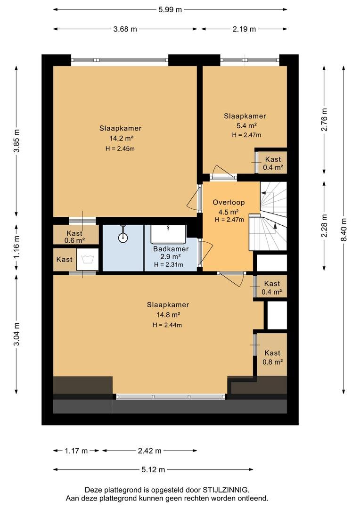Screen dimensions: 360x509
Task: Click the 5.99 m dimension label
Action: pos(170,10)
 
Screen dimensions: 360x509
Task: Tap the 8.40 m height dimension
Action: pos(344,229)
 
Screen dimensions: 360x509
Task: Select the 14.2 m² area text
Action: pos(122,138)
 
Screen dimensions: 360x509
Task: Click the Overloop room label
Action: pos(229,202)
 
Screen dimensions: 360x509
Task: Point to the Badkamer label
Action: pos(171,249)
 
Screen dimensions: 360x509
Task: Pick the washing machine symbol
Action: pos(87,259)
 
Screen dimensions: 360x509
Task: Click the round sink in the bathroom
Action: pos(123,237)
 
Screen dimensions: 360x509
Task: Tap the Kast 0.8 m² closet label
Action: pos(272,357)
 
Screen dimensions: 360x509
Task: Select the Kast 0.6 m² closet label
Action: pos(74,237)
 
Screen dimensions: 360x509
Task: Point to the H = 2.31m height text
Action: pos(169,264)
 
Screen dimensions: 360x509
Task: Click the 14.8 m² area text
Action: pos(168,314)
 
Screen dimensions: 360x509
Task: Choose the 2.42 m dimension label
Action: pos(150,451)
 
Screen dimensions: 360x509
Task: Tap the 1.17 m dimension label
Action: pos(76,451)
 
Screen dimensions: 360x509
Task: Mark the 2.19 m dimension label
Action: pos(244,29)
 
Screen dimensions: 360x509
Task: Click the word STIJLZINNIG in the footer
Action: pos(226,490)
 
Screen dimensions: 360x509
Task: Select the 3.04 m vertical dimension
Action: pos(16,334)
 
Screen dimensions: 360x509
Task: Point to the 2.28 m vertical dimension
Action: pos(324,225)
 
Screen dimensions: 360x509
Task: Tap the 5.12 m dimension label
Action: pos(153,469)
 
